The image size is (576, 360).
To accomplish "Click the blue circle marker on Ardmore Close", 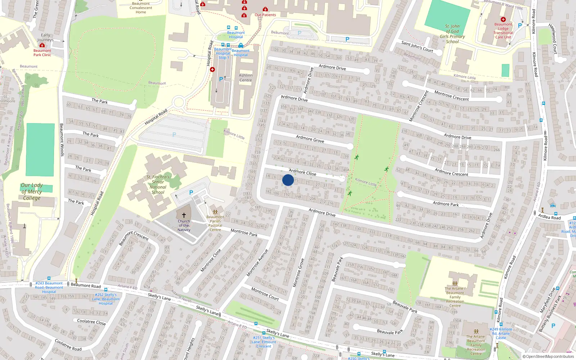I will (288, 180).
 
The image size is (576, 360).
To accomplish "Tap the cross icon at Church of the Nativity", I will (184, 215).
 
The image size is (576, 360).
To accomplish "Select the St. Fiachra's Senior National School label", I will (158, 184).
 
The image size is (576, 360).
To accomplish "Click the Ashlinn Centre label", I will (246, 78).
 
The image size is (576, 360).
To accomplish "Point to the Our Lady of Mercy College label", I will (32, 192).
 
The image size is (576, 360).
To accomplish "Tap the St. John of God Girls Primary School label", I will (452, 34).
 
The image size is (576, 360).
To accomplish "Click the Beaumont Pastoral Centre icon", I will (215, 212).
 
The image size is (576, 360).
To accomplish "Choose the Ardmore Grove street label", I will (310, 139).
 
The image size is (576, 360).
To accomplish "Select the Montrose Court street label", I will (265, 294).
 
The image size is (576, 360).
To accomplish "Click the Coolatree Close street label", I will (91, 322).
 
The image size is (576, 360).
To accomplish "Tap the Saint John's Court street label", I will (417, 46).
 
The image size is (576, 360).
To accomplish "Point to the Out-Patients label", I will (265, 15).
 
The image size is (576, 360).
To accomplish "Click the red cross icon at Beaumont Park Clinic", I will (42, 45).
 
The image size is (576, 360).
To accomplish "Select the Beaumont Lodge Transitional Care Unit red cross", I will (503, 19).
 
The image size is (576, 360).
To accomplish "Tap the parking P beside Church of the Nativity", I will (191, 193).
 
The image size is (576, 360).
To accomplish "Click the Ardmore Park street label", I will (446, 204).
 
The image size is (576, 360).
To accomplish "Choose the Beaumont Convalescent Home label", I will (141, 8).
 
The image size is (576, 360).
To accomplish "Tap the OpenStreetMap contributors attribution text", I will (548, 356).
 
